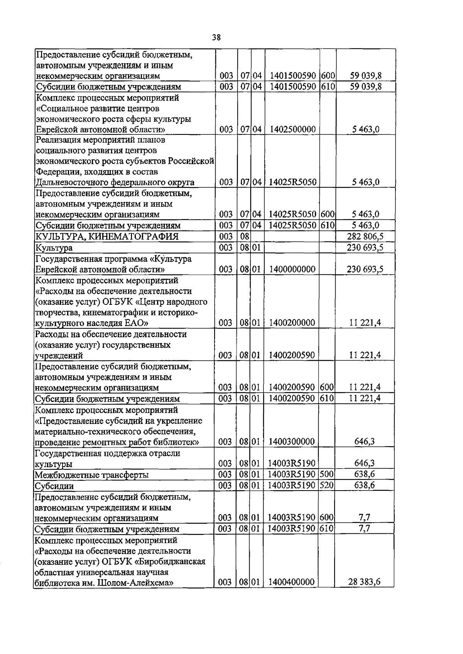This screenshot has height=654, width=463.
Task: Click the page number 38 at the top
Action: pos(216,37)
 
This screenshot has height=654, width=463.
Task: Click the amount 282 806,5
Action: pos(365,236)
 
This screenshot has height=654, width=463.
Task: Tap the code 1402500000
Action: pos(292,129)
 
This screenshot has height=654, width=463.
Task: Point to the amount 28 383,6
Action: pos(365,582)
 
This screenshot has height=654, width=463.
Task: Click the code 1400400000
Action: pos(292,582)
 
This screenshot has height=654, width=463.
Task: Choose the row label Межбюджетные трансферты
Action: pos(92,475)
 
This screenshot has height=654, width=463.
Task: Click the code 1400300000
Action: pos(292,441)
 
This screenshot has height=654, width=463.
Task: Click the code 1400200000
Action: pos(292,323)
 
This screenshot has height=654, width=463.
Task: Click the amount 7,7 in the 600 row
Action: pos(365,518)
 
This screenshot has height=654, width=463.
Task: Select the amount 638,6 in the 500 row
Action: pos(365,474)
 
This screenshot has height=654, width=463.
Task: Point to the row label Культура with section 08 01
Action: pos(54,248)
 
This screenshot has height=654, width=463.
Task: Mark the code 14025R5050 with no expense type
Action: pos(292,182)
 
